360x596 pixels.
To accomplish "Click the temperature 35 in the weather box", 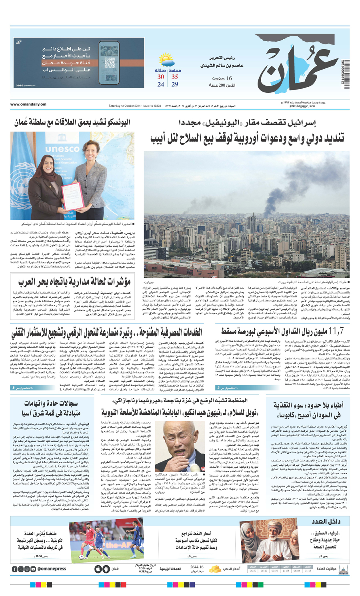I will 175,77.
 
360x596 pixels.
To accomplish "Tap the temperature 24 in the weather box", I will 161,84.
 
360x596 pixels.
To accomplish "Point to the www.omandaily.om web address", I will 28,105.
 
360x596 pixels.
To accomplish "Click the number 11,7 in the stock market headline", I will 336,331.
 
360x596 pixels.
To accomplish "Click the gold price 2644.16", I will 197,567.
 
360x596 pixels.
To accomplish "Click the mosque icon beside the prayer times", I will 342,569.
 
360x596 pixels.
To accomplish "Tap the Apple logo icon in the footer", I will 97,569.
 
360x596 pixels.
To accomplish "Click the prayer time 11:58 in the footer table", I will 286,571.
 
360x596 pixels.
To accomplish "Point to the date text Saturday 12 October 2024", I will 128,106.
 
